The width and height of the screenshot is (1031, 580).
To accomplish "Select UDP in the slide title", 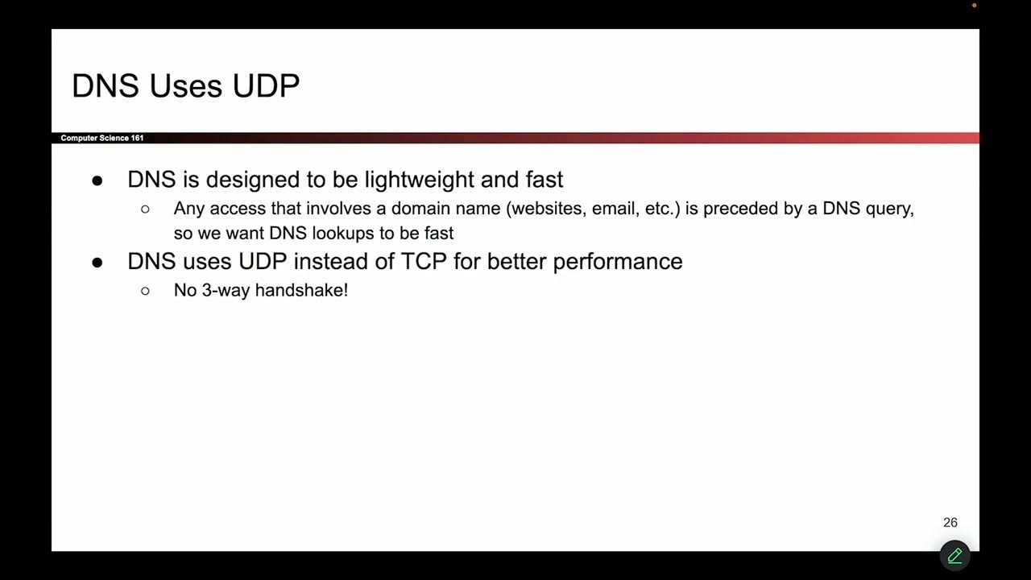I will point(266,86).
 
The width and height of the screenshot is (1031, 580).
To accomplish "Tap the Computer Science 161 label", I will point(102,139).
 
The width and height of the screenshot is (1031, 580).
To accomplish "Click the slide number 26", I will point(950,523).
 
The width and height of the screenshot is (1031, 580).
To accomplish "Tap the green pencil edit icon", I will point(954,555).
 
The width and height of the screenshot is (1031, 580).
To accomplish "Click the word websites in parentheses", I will point(549,209).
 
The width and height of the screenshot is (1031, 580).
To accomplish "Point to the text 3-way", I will point(226,290).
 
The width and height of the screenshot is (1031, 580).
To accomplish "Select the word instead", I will point(330,262).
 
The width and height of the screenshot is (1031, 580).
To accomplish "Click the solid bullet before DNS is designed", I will point(97,180).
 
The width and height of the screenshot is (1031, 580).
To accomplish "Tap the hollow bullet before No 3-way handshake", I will point(145,291).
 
